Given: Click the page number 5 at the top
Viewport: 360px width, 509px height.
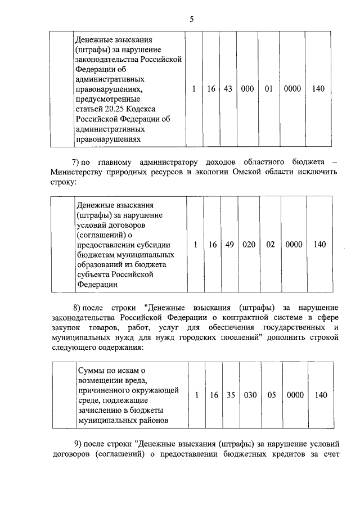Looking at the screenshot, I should point(191,19).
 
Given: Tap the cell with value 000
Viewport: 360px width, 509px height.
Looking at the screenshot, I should point(247,89).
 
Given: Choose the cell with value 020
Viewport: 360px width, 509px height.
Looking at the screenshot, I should point(249,245).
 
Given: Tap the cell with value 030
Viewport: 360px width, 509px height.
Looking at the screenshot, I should point(250,395).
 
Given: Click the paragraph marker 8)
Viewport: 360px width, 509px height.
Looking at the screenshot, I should point(79,308).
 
